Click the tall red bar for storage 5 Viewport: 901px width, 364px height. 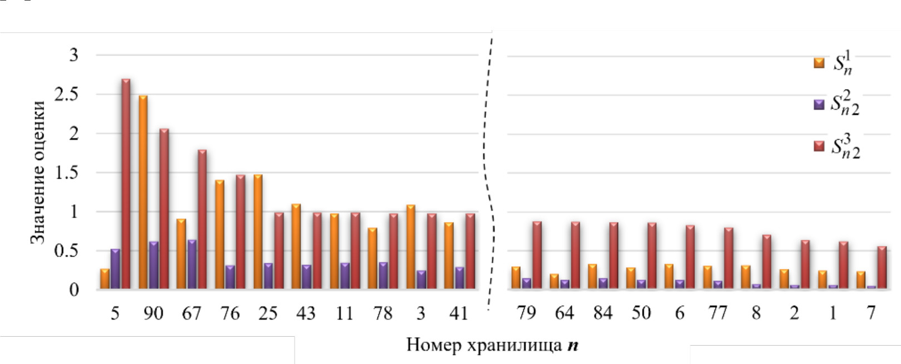[126, 184]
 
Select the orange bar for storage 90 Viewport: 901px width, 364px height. [143, 192]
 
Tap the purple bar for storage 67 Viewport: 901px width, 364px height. [192, 264]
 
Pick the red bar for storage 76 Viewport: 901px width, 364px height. [241, 232]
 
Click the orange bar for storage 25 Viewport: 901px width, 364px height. [258, 232]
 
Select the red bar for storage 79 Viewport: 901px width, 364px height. [537, 255]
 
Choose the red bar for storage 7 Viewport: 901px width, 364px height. [882, 267]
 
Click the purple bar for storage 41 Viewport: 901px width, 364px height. [459, 278]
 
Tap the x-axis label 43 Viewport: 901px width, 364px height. [306, 313]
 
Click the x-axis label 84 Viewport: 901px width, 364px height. [603, 313]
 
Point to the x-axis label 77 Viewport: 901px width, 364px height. [718, 313]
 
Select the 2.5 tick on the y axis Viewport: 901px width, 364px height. [66, 94]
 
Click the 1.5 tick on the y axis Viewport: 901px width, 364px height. [66, 173]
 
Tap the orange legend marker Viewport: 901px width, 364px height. [819, 63]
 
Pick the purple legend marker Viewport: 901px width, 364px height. [819, 105]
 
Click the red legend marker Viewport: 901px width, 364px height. [819, 146]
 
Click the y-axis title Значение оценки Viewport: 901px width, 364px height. [37, 173]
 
